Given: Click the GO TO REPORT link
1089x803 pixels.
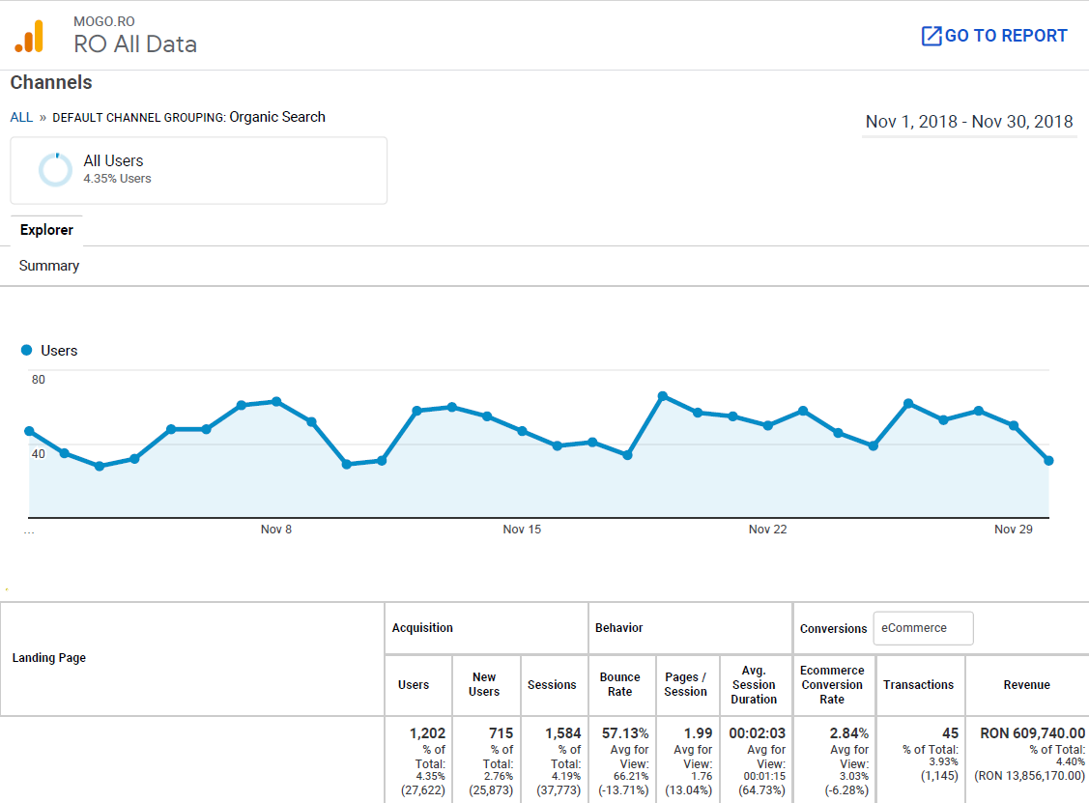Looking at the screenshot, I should (x=994, y=36).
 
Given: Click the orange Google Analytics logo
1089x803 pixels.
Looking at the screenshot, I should (x=29, y=37).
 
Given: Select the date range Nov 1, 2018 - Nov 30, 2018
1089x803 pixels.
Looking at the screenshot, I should (x=968, y=122).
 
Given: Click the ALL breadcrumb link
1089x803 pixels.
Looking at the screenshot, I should (x=21, y=117).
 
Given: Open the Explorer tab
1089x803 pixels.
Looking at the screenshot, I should (x=46, y=230).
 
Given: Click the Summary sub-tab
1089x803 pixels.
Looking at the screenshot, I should (x=49, y=266).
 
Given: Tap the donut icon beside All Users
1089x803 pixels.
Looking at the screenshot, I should (x=55, y=169).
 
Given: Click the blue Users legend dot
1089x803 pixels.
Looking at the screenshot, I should (x=27, y=350).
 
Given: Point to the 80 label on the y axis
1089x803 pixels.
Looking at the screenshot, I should (x=39, y=380).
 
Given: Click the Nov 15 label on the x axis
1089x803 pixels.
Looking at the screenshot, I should (x=522, y=530).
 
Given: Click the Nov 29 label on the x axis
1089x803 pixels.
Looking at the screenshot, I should (x=1013, y=530).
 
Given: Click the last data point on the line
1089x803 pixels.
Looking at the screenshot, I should (x=1048, y=461).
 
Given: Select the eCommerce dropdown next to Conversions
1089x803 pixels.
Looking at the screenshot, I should (x=923, y=628).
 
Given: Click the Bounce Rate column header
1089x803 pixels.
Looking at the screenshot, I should (x=620, y=684).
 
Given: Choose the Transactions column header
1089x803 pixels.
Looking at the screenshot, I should (x=918, y=684).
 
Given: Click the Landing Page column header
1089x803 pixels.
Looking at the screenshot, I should (x=49, y=658).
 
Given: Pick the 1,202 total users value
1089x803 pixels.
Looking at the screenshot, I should (x=427, y=733).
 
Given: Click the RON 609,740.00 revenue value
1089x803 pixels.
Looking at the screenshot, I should (x=1032, y=733).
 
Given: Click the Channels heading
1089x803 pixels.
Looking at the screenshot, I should (x=51, y=83).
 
